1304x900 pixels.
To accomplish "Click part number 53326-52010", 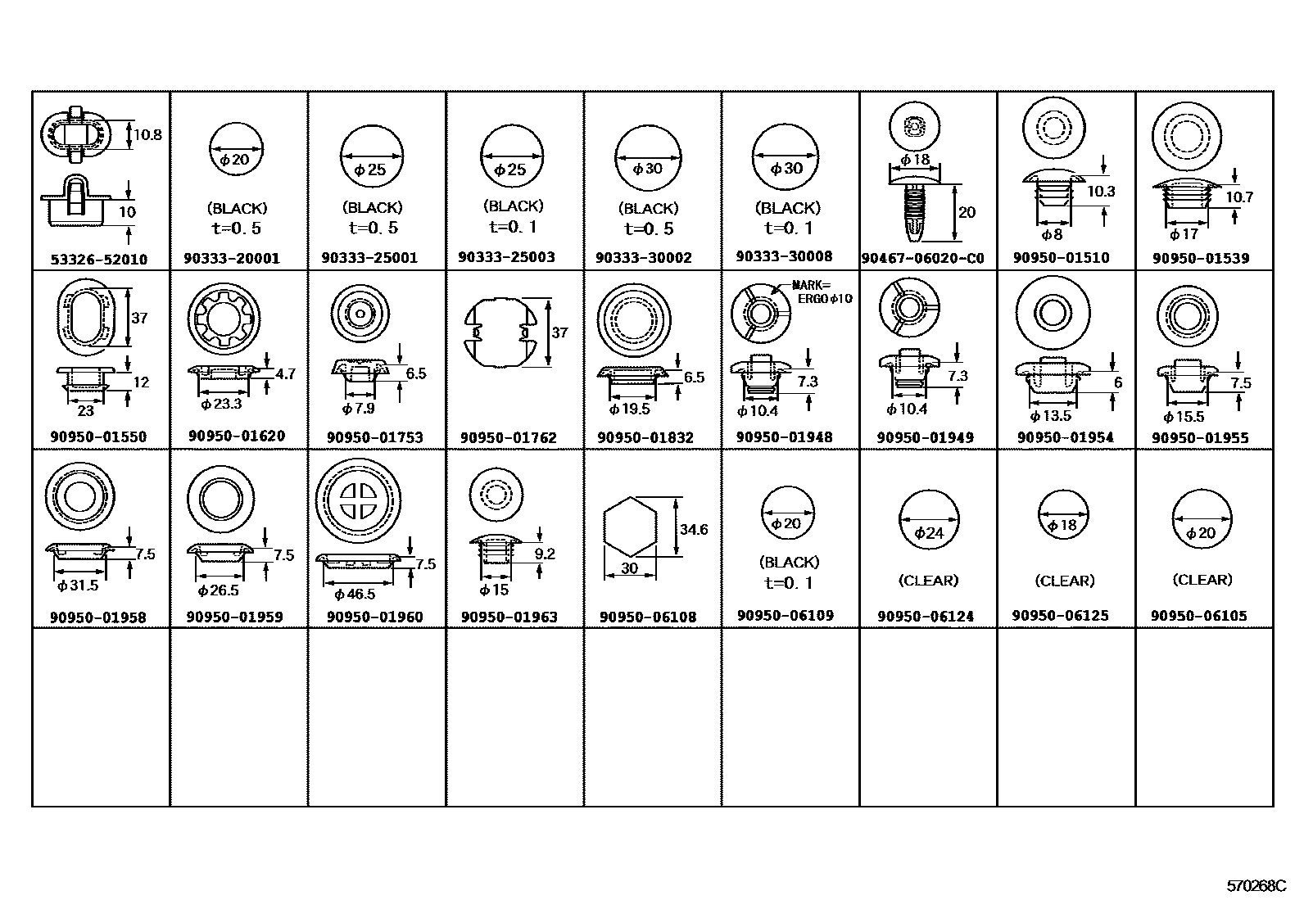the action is (99, 260).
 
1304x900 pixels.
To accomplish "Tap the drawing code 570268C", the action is (1256, 886).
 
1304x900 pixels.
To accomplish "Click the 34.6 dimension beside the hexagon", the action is (693, 530).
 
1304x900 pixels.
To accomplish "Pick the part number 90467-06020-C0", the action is (922, 259).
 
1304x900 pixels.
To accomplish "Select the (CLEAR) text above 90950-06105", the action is (1202, 580).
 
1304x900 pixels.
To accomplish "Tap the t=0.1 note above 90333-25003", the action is (514, 227).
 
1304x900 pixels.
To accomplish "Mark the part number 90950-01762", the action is (508, 438).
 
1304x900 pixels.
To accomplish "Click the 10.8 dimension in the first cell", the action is (147, 135).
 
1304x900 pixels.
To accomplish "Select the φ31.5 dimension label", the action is (78, 586).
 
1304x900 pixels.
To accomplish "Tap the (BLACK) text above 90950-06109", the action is (789, 563).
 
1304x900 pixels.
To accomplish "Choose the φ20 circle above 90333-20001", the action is (236, 149).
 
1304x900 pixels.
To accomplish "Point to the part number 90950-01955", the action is (1200, 438).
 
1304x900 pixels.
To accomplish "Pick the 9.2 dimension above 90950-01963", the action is (544, 554).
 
